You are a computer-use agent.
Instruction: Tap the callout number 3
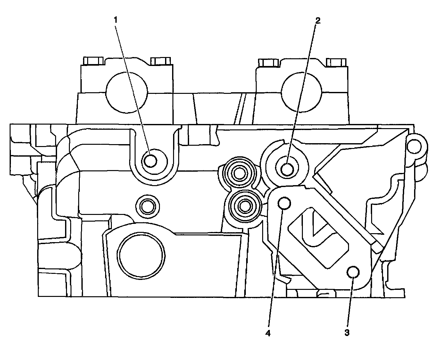click(x=347, y=333)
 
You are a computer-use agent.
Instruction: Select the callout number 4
click(x=268, y=333)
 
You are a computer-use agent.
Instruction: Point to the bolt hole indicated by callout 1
click(x=150, y=161)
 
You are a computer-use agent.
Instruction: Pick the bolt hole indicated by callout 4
click(x=284, y=203)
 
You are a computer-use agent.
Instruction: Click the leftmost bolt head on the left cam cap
click(x=93, y=61)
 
